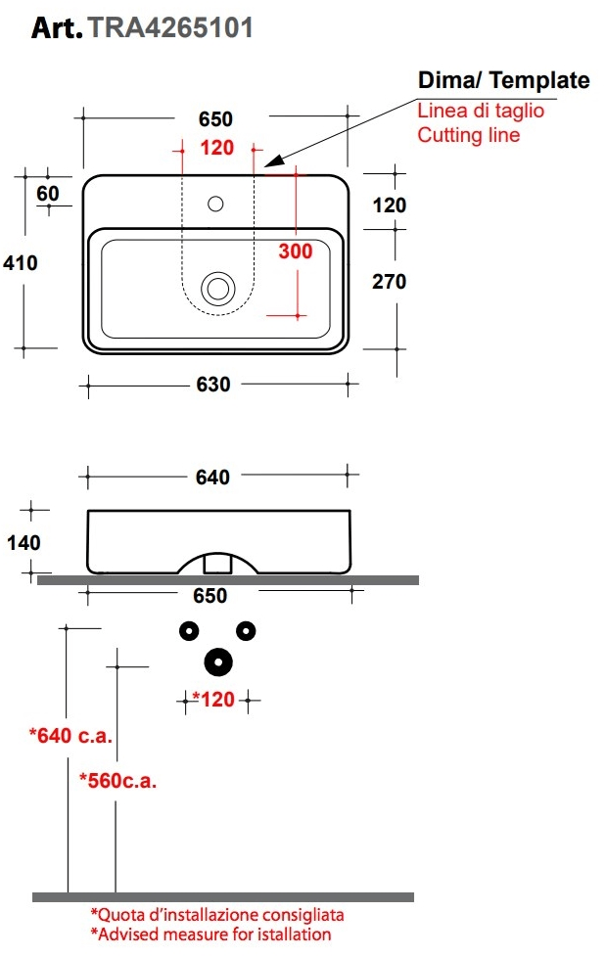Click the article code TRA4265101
[170, 28]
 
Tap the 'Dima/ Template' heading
[503, 80]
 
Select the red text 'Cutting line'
[468, 135]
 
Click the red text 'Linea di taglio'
[481, 111]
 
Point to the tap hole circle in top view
[215, 204]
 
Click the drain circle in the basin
[218, 288]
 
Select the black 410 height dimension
[21, 263]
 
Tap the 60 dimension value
[48, 194]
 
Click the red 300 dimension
[296, 251]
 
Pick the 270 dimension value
[389, 282]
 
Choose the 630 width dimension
[213, 385]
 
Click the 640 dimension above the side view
[212, 477]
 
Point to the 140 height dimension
[23, 542]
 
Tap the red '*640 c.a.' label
[70, 736]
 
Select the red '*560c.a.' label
[117, 781]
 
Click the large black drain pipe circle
[218, 661]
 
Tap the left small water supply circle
[189, 631]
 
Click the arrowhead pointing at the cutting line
[274, 160]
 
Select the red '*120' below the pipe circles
[213, 700]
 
